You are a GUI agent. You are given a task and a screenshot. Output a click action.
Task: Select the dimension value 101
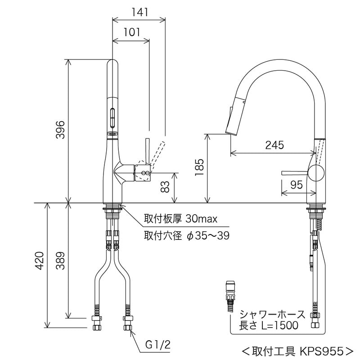pos(130,32)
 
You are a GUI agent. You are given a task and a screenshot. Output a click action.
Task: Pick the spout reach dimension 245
pos(274,145)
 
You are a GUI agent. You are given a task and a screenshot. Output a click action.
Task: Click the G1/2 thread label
pos(157,346)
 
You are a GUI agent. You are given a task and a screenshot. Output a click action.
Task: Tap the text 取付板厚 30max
pos(180,219)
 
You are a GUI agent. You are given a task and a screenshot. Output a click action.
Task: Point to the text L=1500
pos(276,325)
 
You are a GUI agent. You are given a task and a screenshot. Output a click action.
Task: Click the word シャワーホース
pos(272,314)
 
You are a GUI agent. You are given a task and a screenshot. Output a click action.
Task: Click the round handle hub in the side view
pos(316,173)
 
